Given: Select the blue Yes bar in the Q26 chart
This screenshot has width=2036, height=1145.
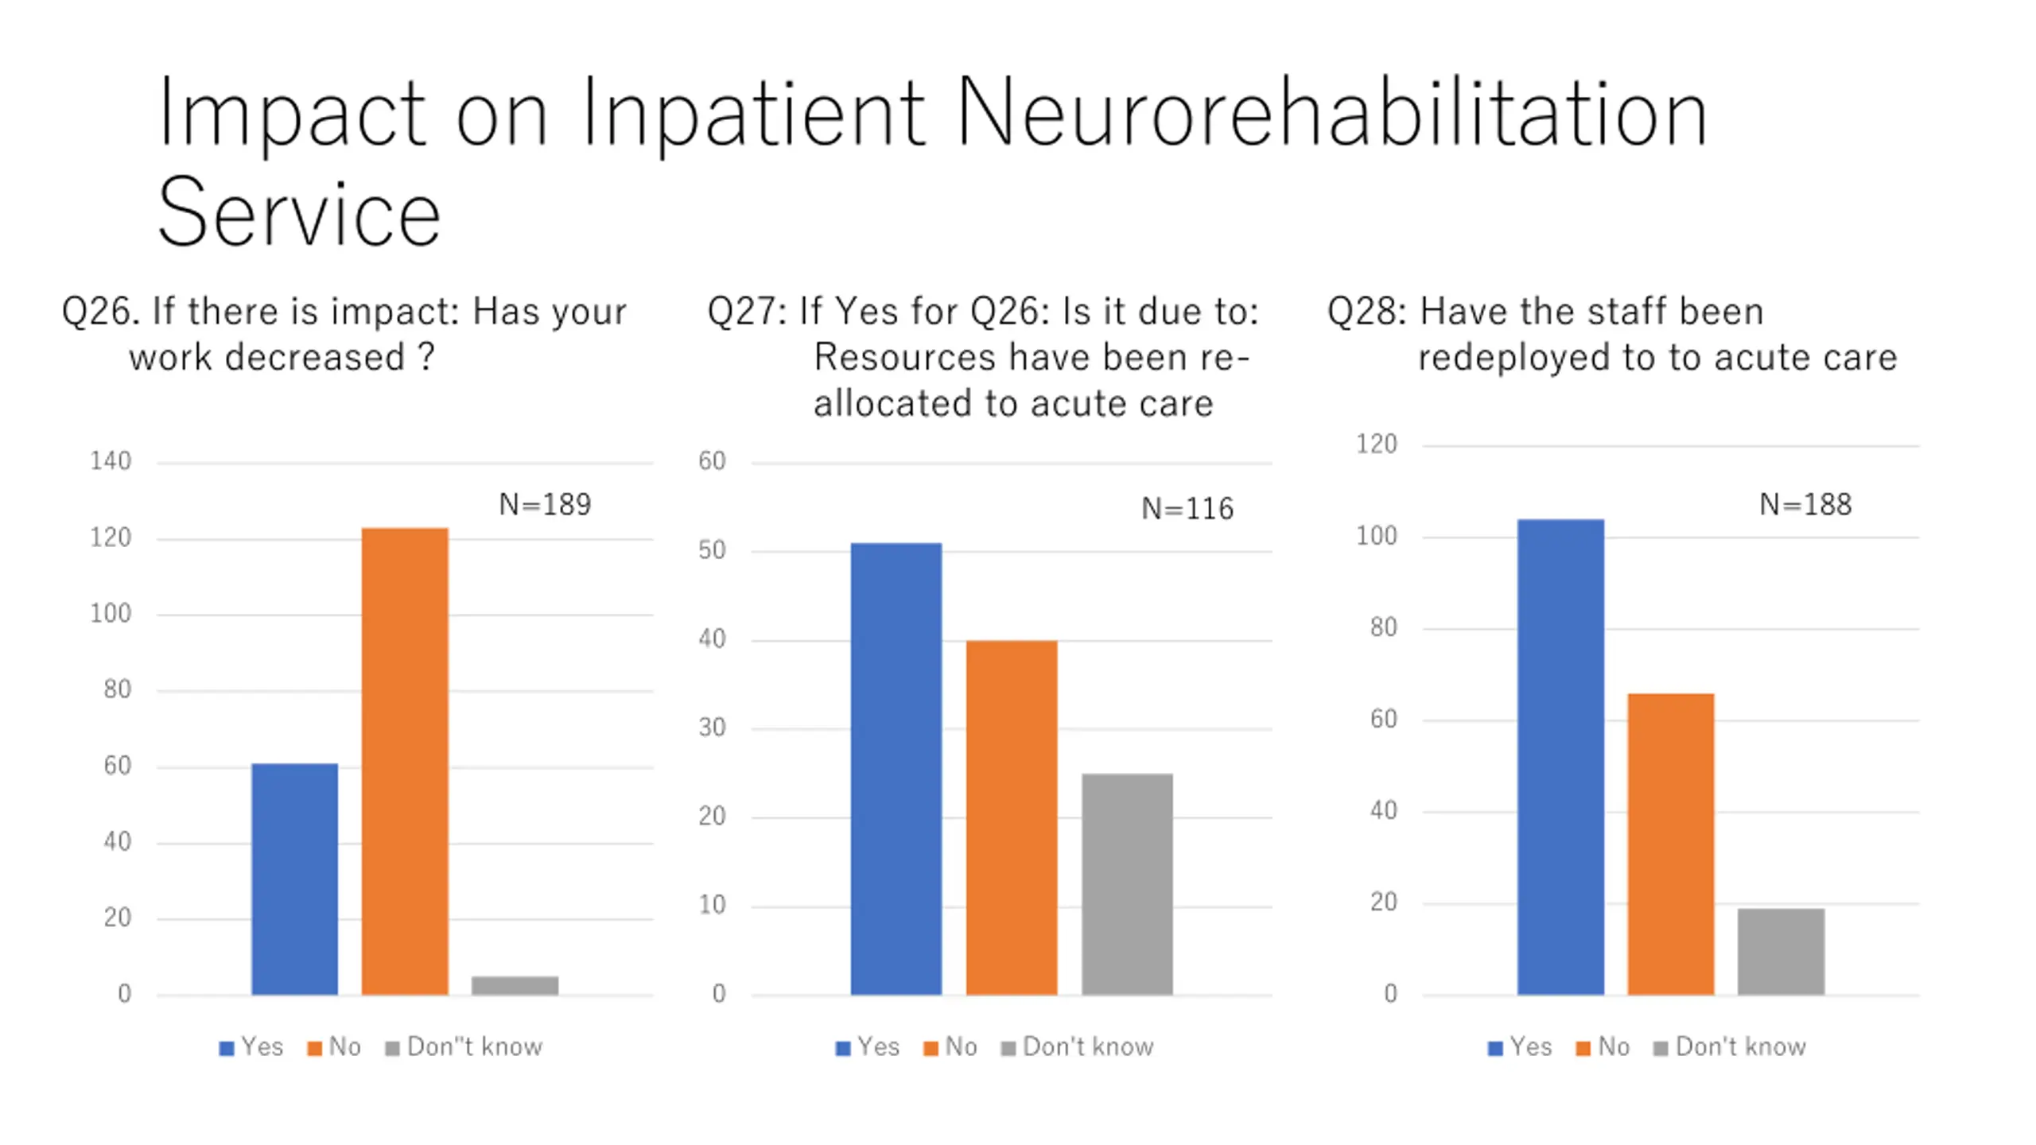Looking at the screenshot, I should (294, 879).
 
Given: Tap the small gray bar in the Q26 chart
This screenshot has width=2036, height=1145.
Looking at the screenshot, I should (515, 984).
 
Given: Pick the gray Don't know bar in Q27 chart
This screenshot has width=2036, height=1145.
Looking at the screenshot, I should (1126, 883).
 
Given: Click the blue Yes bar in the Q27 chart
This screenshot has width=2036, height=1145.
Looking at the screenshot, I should (896, 768).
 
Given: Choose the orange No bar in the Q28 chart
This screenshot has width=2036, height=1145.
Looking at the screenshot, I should (1670, 844).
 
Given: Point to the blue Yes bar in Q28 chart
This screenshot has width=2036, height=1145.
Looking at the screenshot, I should (1560, 756).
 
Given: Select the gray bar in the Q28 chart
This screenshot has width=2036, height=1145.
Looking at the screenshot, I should (1780, 951).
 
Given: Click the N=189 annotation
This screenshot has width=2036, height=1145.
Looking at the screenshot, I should (545, 504).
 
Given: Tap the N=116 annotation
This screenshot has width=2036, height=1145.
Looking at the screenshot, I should (1187, 508).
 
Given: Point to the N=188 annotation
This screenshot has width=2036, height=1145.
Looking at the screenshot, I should (1805, 504).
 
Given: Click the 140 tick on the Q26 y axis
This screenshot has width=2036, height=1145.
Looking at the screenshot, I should (111, 461).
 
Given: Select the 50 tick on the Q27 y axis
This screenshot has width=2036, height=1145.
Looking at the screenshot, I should (712, 550).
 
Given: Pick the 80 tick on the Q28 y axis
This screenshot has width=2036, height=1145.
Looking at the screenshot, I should (1383, 627).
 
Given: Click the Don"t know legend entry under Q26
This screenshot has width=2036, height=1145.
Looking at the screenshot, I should (474, 1046).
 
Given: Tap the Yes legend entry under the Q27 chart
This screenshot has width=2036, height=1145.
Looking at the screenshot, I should (877, 1046).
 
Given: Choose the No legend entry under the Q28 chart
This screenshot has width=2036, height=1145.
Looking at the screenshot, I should (1613, 1046).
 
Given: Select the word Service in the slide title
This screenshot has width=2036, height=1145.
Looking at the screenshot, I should (299, 213).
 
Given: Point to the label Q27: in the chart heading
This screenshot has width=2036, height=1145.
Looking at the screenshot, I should (747, 311).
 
